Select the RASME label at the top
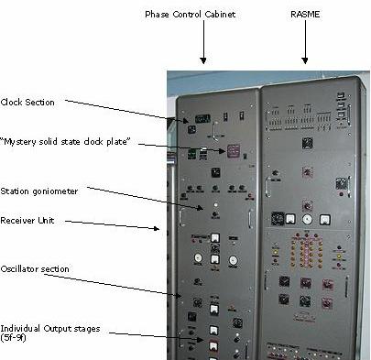pyautogui.click(x=305, y=15)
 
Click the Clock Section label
pyautogui.click(x=28, y=103)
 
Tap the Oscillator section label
pyautogui.click(x=36, y=268)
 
